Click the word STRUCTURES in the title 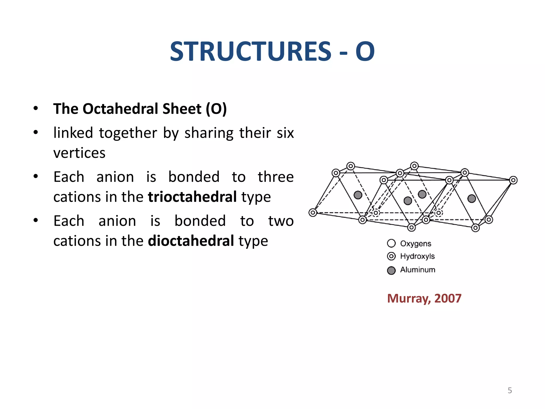pos(250,52)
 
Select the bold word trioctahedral pos(192,197)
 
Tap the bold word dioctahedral pos(191,241)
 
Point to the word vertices pos(79,153)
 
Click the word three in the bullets pos(275,177)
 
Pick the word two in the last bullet pos(281,221)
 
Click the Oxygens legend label pos(415,244)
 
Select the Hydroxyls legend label pos(417,256)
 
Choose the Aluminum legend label pos(418,270)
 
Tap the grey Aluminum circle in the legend pos(391,271)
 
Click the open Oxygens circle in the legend pos(391,243)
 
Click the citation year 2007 pos(448,298)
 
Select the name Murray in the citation pos(409,298)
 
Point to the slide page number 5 pos(510,390)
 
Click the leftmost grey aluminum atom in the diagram pos(358,195)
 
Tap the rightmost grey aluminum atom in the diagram pos(472,198)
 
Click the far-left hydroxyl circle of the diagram pos(313,212)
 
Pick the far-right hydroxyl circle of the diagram pos(513,180)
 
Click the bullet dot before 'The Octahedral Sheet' pos(36,108)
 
